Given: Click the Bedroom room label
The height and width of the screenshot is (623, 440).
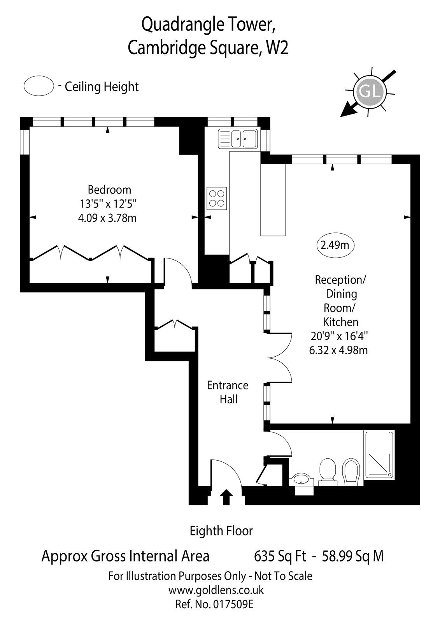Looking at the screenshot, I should pos(109,190).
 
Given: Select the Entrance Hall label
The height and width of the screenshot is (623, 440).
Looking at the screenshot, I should pos(228,392).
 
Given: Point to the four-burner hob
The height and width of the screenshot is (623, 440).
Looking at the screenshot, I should pos(217,198).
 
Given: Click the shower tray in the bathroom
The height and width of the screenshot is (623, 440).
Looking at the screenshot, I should pos(379,454).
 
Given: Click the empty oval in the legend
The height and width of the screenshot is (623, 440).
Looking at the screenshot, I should pos(39,86).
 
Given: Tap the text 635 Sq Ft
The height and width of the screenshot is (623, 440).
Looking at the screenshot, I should pos(280,556).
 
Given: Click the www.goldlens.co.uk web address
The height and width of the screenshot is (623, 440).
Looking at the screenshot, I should pos(216,590).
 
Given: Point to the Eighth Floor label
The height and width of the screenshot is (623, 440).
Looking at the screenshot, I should pos(221,530).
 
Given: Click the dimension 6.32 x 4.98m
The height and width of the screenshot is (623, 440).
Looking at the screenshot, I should pos(338,350).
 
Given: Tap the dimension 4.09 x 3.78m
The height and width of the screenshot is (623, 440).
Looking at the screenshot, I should pos(107,218).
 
